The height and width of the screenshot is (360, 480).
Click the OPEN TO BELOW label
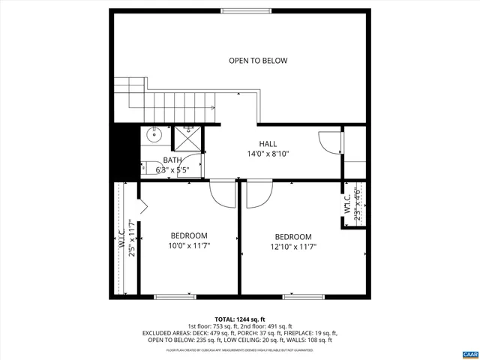(258, 61)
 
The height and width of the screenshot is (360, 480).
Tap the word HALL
(268, 144)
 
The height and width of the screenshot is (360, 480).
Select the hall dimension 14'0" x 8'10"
(268, 154)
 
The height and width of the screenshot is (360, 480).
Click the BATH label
(172, 160)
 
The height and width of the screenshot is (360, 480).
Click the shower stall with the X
(187, 139)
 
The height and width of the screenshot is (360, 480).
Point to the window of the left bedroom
(175, 295)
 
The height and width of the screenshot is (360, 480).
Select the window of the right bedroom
(303, 295)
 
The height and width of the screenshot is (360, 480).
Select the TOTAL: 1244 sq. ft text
(240, 319)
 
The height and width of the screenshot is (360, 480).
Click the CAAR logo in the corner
(469, 352)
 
